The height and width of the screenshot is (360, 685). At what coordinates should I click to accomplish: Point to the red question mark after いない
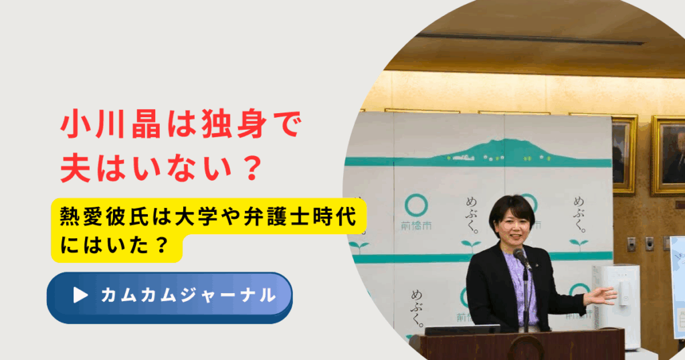(x=252, y=167)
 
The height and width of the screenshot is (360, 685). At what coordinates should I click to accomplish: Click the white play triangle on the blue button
(x=80, y=295)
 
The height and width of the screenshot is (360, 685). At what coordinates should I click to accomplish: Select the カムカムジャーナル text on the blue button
(x=188, y=295)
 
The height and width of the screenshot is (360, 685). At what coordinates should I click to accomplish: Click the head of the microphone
(x=519, y=254)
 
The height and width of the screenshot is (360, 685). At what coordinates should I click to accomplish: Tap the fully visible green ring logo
(x=416, y=205)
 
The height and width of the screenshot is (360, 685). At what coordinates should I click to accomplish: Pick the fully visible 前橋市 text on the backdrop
(x=416, y=226)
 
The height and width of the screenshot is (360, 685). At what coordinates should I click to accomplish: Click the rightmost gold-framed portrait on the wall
(x=668, y=155)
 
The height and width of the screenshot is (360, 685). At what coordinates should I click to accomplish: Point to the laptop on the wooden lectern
(x=462, y=331)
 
